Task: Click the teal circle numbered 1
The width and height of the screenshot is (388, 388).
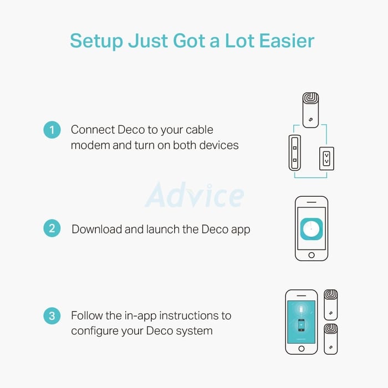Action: pyautogui.click(x=52, y=130)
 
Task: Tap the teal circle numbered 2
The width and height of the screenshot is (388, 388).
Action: pyautogui.click(x=52, y=228)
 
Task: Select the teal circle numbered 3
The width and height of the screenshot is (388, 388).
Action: pyautogui.click(x=52, y=316)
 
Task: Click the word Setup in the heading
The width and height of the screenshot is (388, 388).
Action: pyautogui.click(x=96, y=42)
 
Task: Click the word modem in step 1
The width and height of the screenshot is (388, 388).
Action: pyautogui.click(x=90, y=145)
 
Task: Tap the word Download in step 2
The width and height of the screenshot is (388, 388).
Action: pyautogui.click(x=97, y=229)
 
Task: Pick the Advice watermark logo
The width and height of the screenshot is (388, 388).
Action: pyautogui.click(x=195, y=195)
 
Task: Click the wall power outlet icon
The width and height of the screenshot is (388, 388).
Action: pyautogui.click(x=326, y=159)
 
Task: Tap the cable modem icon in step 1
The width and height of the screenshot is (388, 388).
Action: pyautogui.click(x=295, y=152)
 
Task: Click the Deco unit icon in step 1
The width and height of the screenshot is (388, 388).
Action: pyautogui.click(x=311, y=110)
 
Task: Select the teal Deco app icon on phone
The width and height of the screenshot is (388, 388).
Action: pyautogui.click(x=312, y=229)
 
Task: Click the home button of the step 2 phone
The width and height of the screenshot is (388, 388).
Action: pyautogui.click(x=312, y=255)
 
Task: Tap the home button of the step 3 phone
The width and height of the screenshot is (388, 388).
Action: pyautogui.click(x=302, y=349)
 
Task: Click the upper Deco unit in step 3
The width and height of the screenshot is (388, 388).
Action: pyautogui.click(x=331, y=305)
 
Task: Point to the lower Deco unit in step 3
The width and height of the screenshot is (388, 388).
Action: pyautogui.click(x=331, y=339)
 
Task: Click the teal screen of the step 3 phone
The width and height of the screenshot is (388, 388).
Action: pyautogui.click(x=302, y=321)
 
